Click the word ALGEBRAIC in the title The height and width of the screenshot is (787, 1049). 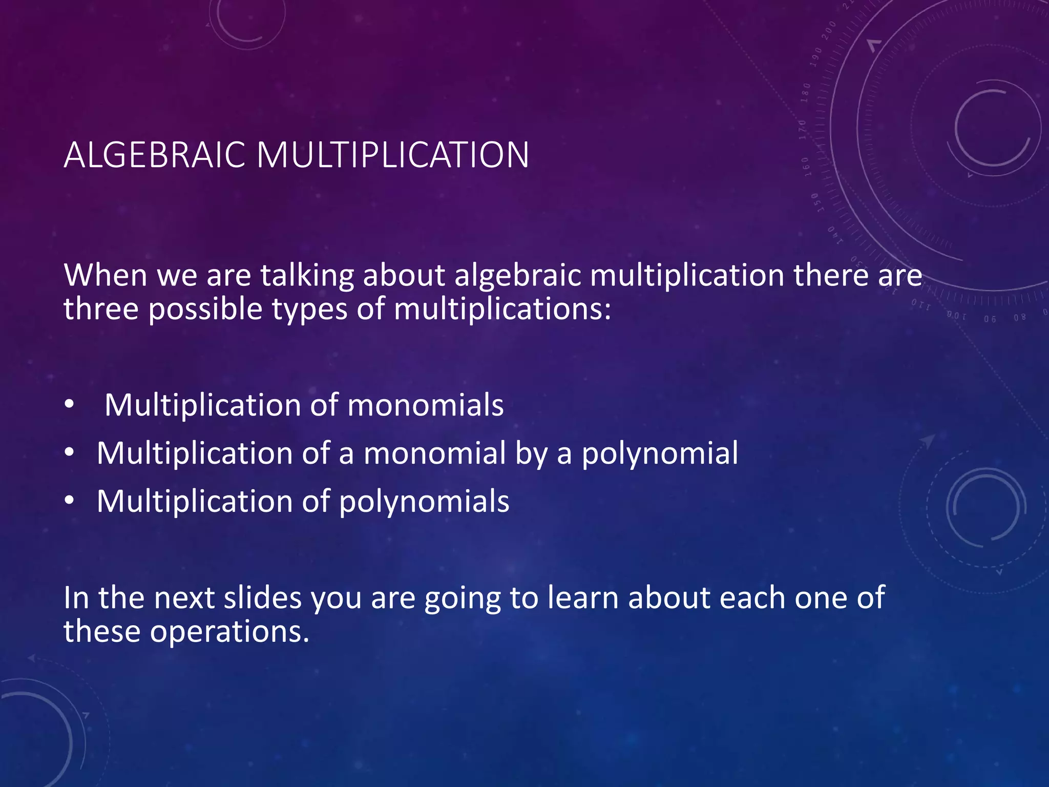pyautogui.click(x=155, y=155)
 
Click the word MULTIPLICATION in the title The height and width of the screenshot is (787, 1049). pyautogui.click(x=393, y=155)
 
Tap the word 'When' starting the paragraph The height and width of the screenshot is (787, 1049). pyautogui.click(x=106, y=276)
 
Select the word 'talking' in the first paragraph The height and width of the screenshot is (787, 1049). pyautogui.click(x=307, y=276)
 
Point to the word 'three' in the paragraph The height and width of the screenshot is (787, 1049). pyautogui.click(x=101, y=309)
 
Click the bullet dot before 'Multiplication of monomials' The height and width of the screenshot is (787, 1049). pyautogui.click(x=69, y=405)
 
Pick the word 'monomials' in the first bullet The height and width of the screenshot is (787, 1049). pyautogui.click(x=425, y=405)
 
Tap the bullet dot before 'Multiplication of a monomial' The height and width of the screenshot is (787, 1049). pyautogui.click(x=69, y=452)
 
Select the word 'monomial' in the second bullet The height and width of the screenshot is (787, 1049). pyautogui.click(x=434, y=453)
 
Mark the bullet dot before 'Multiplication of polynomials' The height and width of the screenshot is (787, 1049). pyautogui.click(x=69, y=501)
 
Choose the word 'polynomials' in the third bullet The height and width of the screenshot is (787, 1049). pyautogui.click(x=424, y=502)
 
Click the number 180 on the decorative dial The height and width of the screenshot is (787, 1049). pyautogui.click(x=806, y=93)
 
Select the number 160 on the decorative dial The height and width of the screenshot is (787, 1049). pyautogui.click(x=806, y=167)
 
